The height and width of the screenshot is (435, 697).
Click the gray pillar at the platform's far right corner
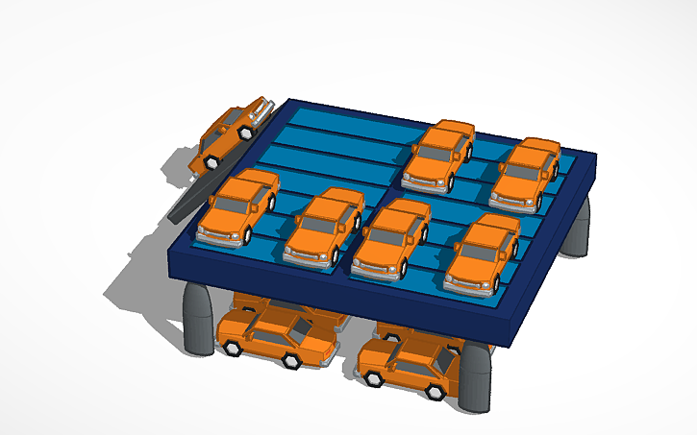coord(577,231)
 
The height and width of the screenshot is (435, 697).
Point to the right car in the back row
coord(526,174)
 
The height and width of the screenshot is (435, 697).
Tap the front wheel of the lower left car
coord(231,348)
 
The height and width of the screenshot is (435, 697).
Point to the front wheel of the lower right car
coord(377,380)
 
